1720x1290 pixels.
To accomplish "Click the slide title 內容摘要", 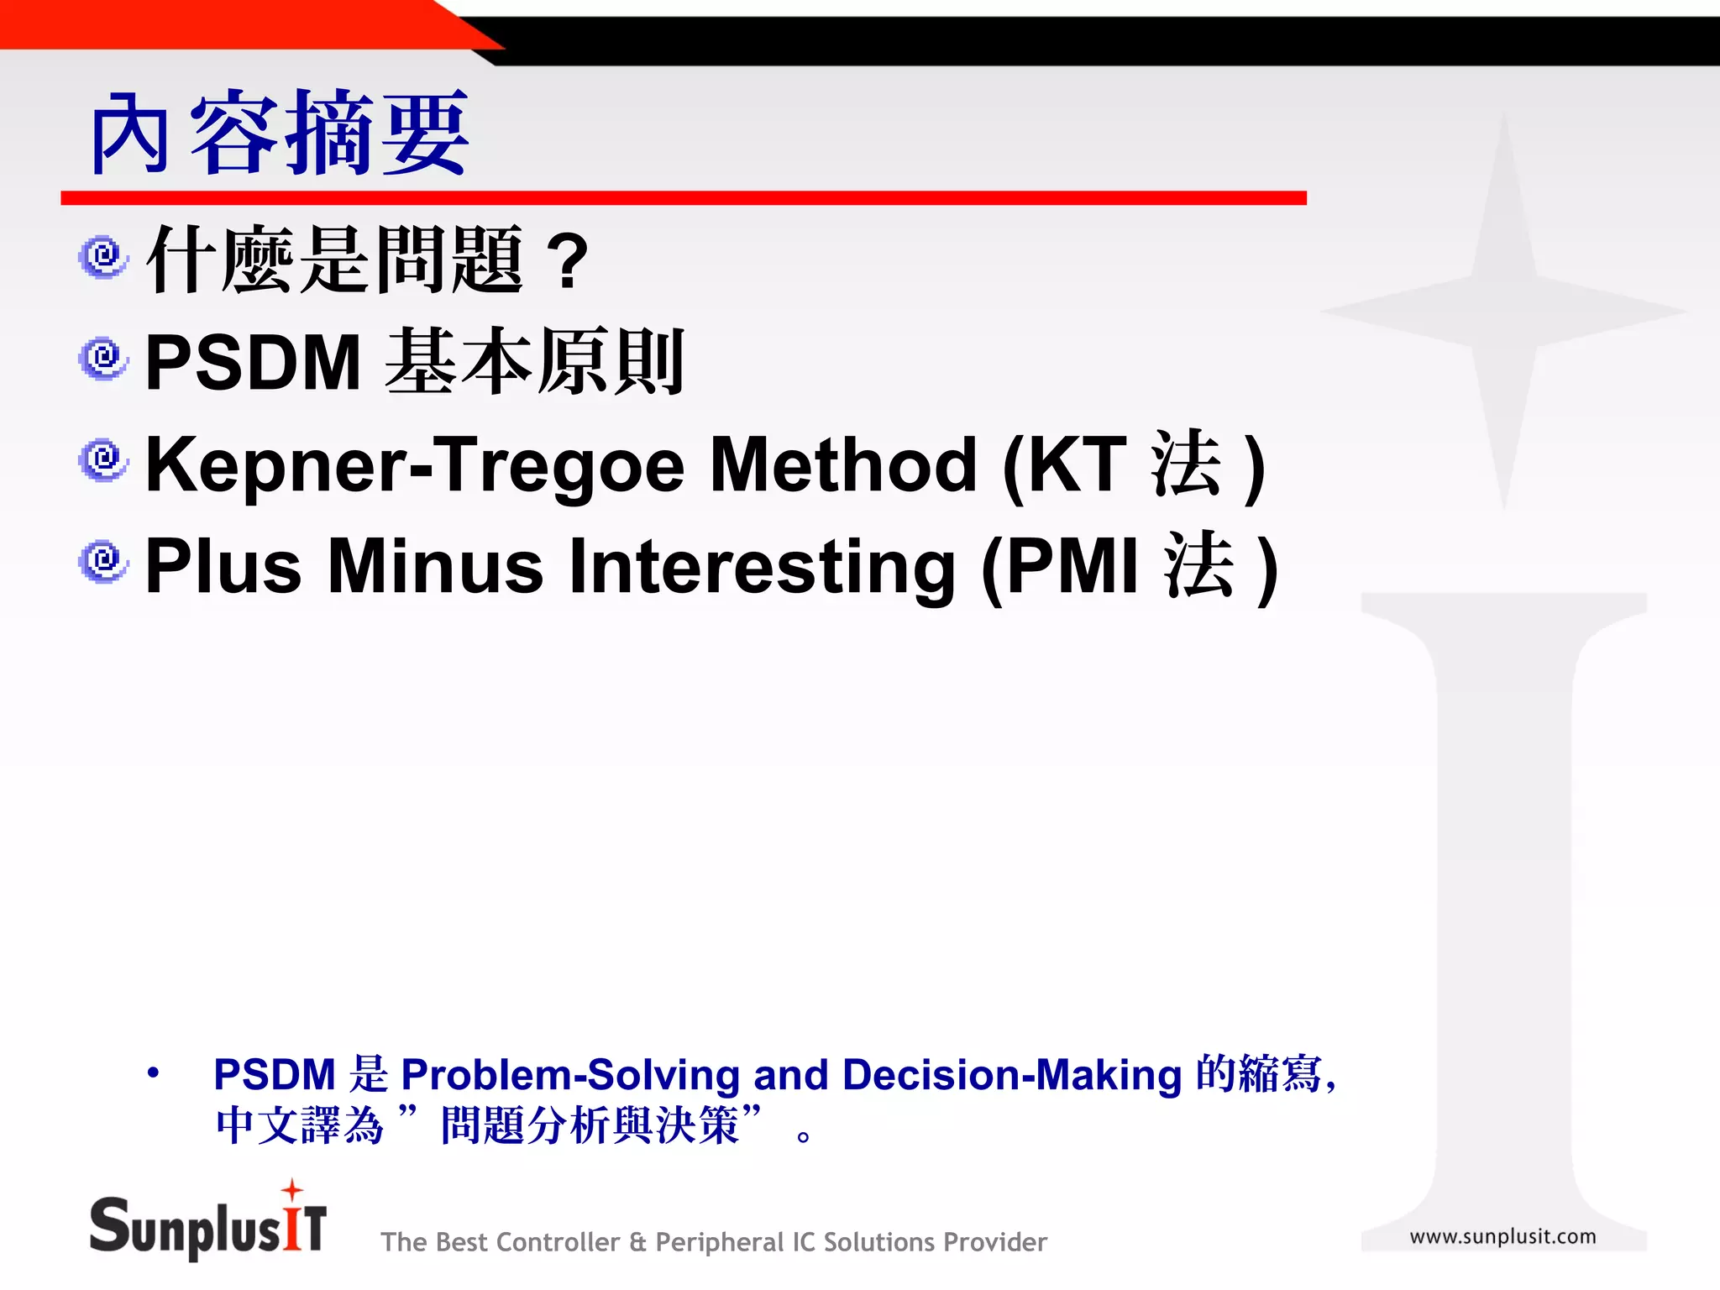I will pyautogui.click(x=279, y=134).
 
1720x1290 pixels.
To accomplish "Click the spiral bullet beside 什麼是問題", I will pyautogui.click(x=103, y=257).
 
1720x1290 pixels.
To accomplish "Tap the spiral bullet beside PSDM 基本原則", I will pyautogui.click(x=103, y=359).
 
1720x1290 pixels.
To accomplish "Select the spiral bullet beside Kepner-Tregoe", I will pyautogui.click(x=103, y=461).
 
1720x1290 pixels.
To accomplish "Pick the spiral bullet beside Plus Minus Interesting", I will pyautogui.click(x=103, y=561).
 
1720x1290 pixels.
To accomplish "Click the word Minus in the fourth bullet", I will pyautogui.click(x=435, y=567).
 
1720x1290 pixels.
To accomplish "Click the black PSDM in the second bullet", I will pyautogui.click(x=253, y=363).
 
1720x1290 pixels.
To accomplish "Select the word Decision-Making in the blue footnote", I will pyautogui.click(x=1011, y=1075).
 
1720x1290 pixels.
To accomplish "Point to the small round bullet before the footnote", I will pyautogui.click(x=152, y=1072).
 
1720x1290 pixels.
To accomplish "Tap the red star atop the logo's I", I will pyautogui.click(x=291, y=1189).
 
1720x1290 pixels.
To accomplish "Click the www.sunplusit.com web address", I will pyautogui.click(x=1502, y=1236).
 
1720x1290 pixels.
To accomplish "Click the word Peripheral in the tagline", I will pyautogui.click(x=718, y=1242).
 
